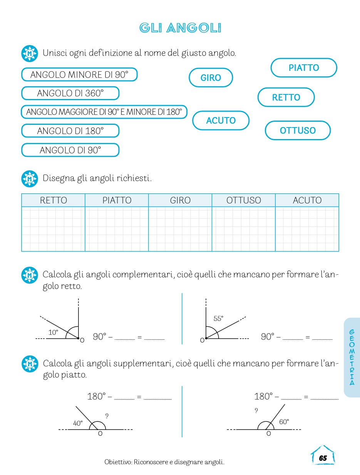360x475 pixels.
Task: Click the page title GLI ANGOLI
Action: coord(180,28)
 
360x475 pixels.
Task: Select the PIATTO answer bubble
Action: coord(304,68)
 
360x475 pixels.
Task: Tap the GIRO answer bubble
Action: coord(211,78)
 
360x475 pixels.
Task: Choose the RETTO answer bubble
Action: coord(286,97)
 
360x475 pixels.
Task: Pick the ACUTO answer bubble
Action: coord(221,121)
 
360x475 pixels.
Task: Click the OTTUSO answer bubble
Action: coord(298,131)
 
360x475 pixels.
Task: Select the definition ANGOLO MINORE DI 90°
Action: coord(79,75)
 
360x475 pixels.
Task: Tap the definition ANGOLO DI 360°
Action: coord(70,93)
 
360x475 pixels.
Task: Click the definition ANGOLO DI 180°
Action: coord(70,131)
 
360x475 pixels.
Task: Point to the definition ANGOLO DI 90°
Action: coord(70,150)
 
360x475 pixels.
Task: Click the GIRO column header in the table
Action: coord(180,200)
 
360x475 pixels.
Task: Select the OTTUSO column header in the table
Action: coord(244,200)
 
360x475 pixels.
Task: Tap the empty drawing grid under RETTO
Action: coord(53,229)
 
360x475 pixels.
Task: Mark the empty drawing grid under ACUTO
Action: coord(307,229)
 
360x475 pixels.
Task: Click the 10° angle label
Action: coord(53,332)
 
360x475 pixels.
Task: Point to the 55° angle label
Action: coord(218,319)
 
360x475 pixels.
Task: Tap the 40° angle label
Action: coord(78,423)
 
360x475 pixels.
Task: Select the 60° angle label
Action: coord(284,422)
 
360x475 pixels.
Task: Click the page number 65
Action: coord(323,458)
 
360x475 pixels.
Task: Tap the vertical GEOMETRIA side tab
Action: coord(352,358)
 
